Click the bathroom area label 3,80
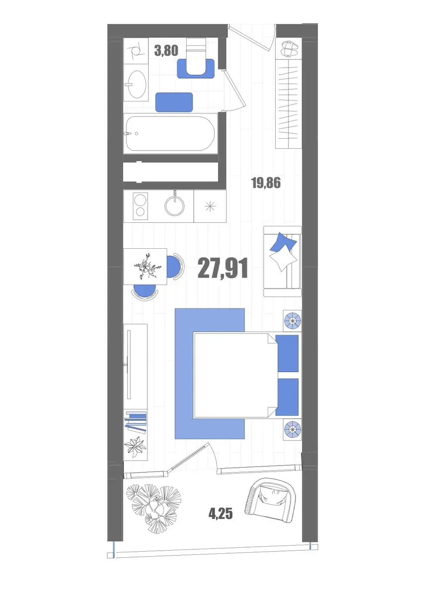pos(166,51)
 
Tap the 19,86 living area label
pos(266,183)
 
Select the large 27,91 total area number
pos(223,268)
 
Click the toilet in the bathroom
pos(196,56)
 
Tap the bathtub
pos(170,133)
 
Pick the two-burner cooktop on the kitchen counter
pos(140,206)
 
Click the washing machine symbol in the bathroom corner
pos(136,51)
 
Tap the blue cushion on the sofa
pos(283,241)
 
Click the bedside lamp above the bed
pos(292,320)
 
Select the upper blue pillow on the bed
pos(287,353)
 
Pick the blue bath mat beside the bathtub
pos(174,102)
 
